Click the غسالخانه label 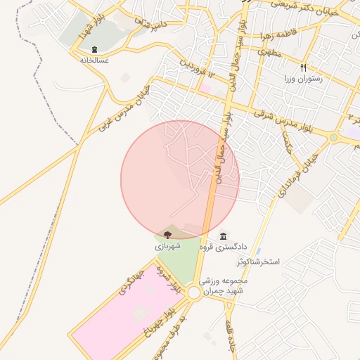click(x=94, y=60)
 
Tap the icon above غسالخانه click(x=94, y=49)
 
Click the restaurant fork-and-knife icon click(x=304, y=68)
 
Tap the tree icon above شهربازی click(x=167, y=235)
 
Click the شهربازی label click(x=168, y=246)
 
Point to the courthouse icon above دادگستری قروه click(x=224, y=236)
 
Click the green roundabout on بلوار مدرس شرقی click(x=333, y=138)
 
